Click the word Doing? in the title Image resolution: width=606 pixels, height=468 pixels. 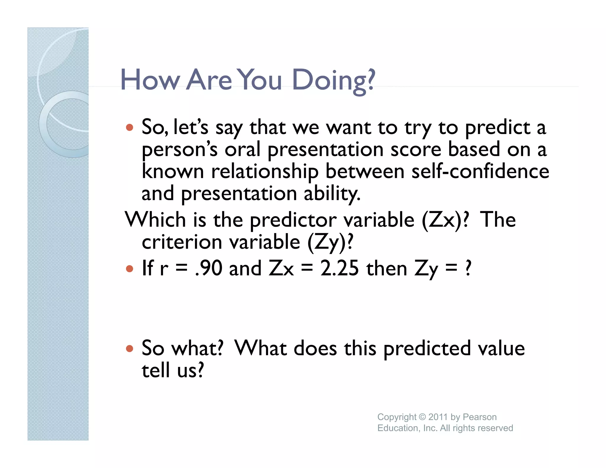(x=333, y=80)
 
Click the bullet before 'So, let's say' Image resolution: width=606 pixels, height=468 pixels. (x=129, y=128)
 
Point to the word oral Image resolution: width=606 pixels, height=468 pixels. (x=242, y=149)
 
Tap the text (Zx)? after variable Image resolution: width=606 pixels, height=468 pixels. (x=445, y=220)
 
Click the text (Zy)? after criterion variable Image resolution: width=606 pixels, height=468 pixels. (x=330, y=242)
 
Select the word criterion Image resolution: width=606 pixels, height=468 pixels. (x=182, y=242)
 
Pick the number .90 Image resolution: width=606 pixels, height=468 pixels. (x=209, y=268)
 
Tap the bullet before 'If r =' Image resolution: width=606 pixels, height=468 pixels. (x=129, y=269)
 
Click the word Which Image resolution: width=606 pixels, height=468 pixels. (x=155, y=220)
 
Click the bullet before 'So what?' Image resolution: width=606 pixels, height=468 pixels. (x=129, y=348)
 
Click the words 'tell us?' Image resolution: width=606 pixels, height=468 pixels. (x=173, y=370)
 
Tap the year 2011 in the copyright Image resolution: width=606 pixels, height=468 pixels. (x=438, y=417)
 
